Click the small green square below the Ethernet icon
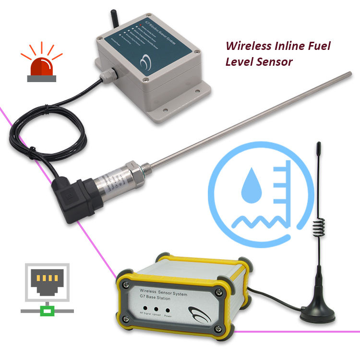pyautogui.click(x=47, y=311)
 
